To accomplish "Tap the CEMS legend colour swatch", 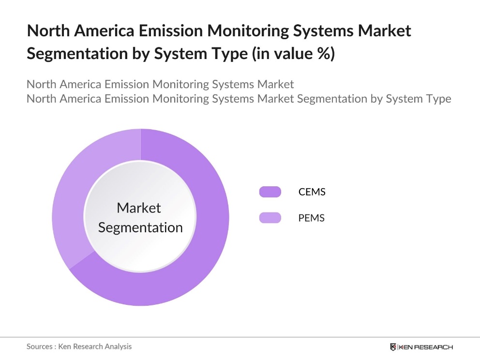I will point(270,192).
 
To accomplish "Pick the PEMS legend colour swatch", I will point(270,218).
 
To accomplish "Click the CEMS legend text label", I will point(312,192).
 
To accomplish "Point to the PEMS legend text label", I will point(311,218).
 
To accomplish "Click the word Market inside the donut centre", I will point(139,208).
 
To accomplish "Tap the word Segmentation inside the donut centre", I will point(140,227).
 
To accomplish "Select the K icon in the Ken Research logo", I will point(393,347).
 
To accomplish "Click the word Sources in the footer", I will point(39,346).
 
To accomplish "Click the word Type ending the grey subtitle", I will point(437,99).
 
